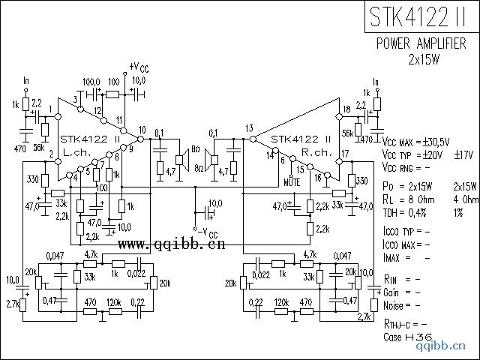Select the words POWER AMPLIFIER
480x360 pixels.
coord(425,43)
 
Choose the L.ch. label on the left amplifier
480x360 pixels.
coord(77,151)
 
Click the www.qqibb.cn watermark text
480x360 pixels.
coord(172,244)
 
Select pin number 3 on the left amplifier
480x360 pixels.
coord(76,100)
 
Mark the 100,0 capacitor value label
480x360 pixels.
coord(91,81)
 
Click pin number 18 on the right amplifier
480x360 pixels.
coord(346,110)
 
